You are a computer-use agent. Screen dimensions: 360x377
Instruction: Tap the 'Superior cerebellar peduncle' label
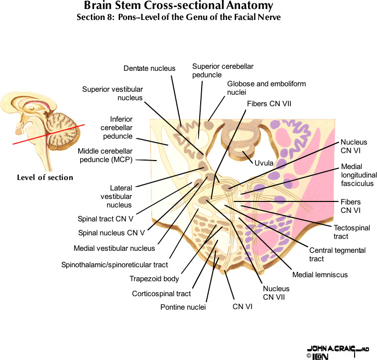(214, 70)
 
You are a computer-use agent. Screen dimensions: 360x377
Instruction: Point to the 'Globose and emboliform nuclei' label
(266, 88)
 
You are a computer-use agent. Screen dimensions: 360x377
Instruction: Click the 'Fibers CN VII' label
(269, 104)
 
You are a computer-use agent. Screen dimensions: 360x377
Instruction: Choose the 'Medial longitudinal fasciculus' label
(359, 175)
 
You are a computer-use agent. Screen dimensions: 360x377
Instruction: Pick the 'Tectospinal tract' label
(352, 232)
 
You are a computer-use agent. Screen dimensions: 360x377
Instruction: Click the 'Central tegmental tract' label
(337, 254)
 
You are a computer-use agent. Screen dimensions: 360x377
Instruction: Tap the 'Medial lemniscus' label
(320, 274)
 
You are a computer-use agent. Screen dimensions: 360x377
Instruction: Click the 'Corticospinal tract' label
(161, 294)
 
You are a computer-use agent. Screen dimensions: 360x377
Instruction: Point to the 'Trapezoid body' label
(154, 279)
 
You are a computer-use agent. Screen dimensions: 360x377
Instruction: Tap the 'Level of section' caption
(45, 178)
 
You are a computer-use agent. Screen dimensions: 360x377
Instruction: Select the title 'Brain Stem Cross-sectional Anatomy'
(178, 6)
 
